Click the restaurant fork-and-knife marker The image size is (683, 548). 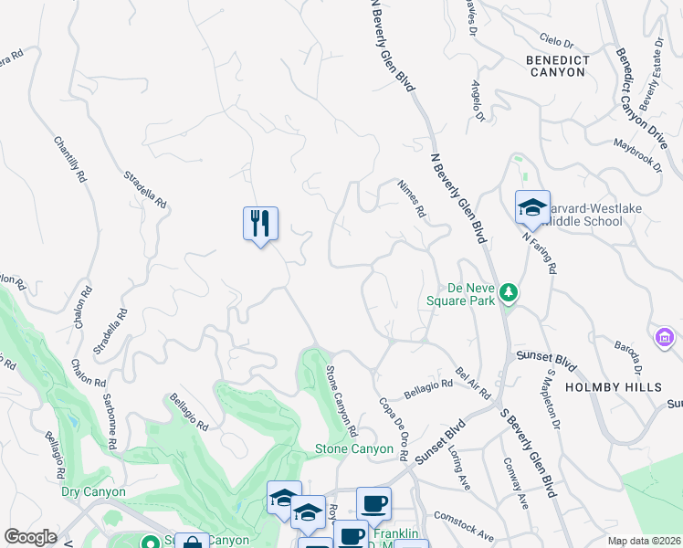[260, 223]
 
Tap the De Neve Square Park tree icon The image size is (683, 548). [510, 293]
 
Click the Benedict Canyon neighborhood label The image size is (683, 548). [556, 66]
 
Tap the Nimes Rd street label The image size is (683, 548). [412, 198]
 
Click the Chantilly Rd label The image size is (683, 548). [69, 161]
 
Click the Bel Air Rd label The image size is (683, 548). [473, 385]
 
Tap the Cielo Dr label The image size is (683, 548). [556, 43]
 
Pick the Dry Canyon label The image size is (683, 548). [93, 491]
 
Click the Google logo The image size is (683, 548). [30, 537]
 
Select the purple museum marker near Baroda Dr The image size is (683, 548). [665, 338]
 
